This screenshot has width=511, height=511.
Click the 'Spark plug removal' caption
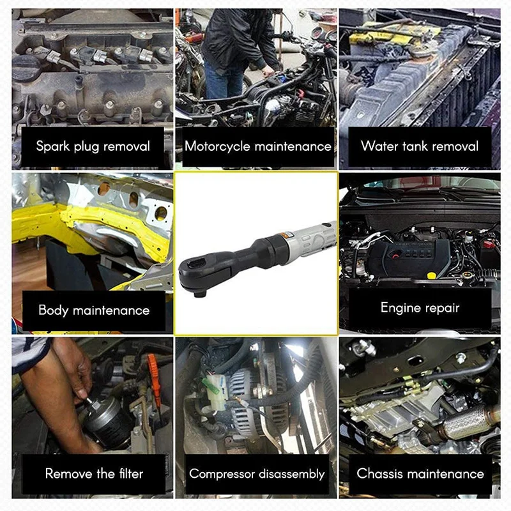(93, 146)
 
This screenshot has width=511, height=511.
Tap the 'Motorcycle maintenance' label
(258, 146)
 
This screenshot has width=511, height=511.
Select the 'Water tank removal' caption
(420, 146)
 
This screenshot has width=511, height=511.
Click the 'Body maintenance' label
(94, 310)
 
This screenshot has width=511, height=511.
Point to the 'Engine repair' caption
(420, 308)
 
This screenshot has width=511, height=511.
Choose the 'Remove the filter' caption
(94, 474)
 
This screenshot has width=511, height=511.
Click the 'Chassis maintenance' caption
(420, 474)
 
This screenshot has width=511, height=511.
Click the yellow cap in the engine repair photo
(432, 275)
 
